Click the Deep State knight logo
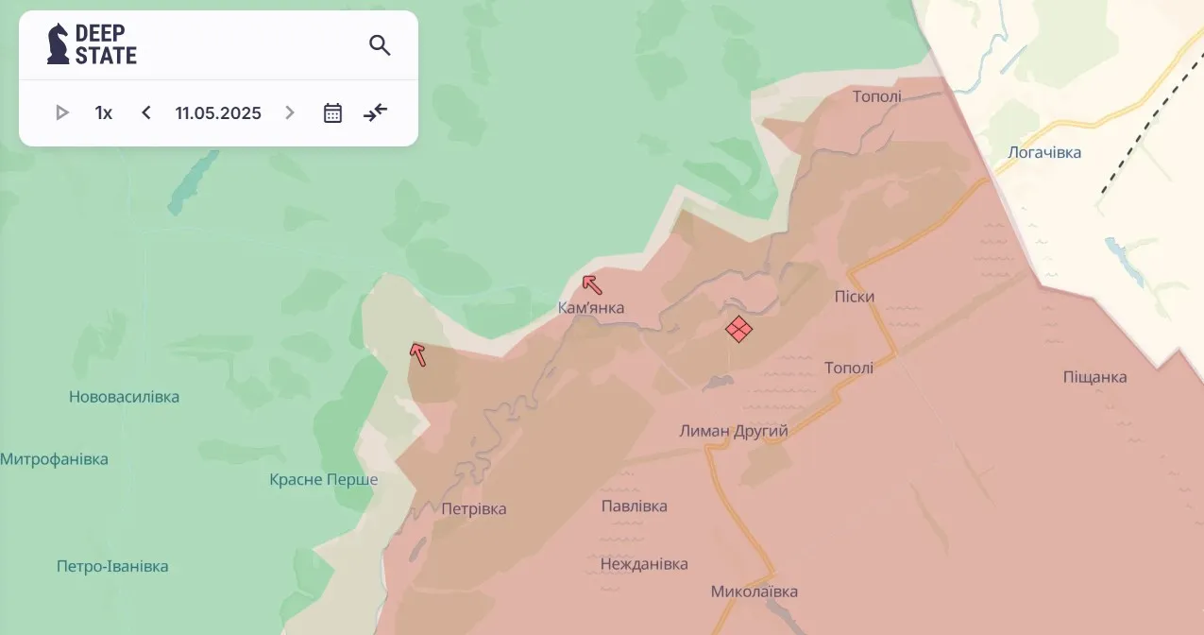[x=59, y=44]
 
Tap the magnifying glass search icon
[x=380, y=45]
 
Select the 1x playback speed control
[x=104, y=113]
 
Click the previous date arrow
[x=146, y=113]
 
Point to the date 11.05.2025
[x=218, y=113]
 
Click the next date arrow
[x=290, y=113]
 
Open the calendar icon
[x=332, y=113]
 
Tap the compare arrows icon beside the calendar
[x=376, y=113]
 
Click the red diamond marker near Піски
[x=738, y=329]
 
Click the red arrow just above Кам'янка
[x=592, y=284]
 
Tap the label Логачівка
[x=1044, y=152]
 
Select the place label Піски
[x=855, y=297]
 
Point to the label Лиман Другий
[x=734, y=431]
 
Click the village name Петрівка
[x=474, y=509]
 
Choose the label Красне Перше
[x=324, y=480]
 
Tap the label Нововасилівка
[x=124, y=397]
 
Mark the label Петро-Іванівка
[x=112, y=567]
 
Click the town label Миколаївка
[x=755, y=592]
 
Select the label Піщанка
[x=1095, y=377]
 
